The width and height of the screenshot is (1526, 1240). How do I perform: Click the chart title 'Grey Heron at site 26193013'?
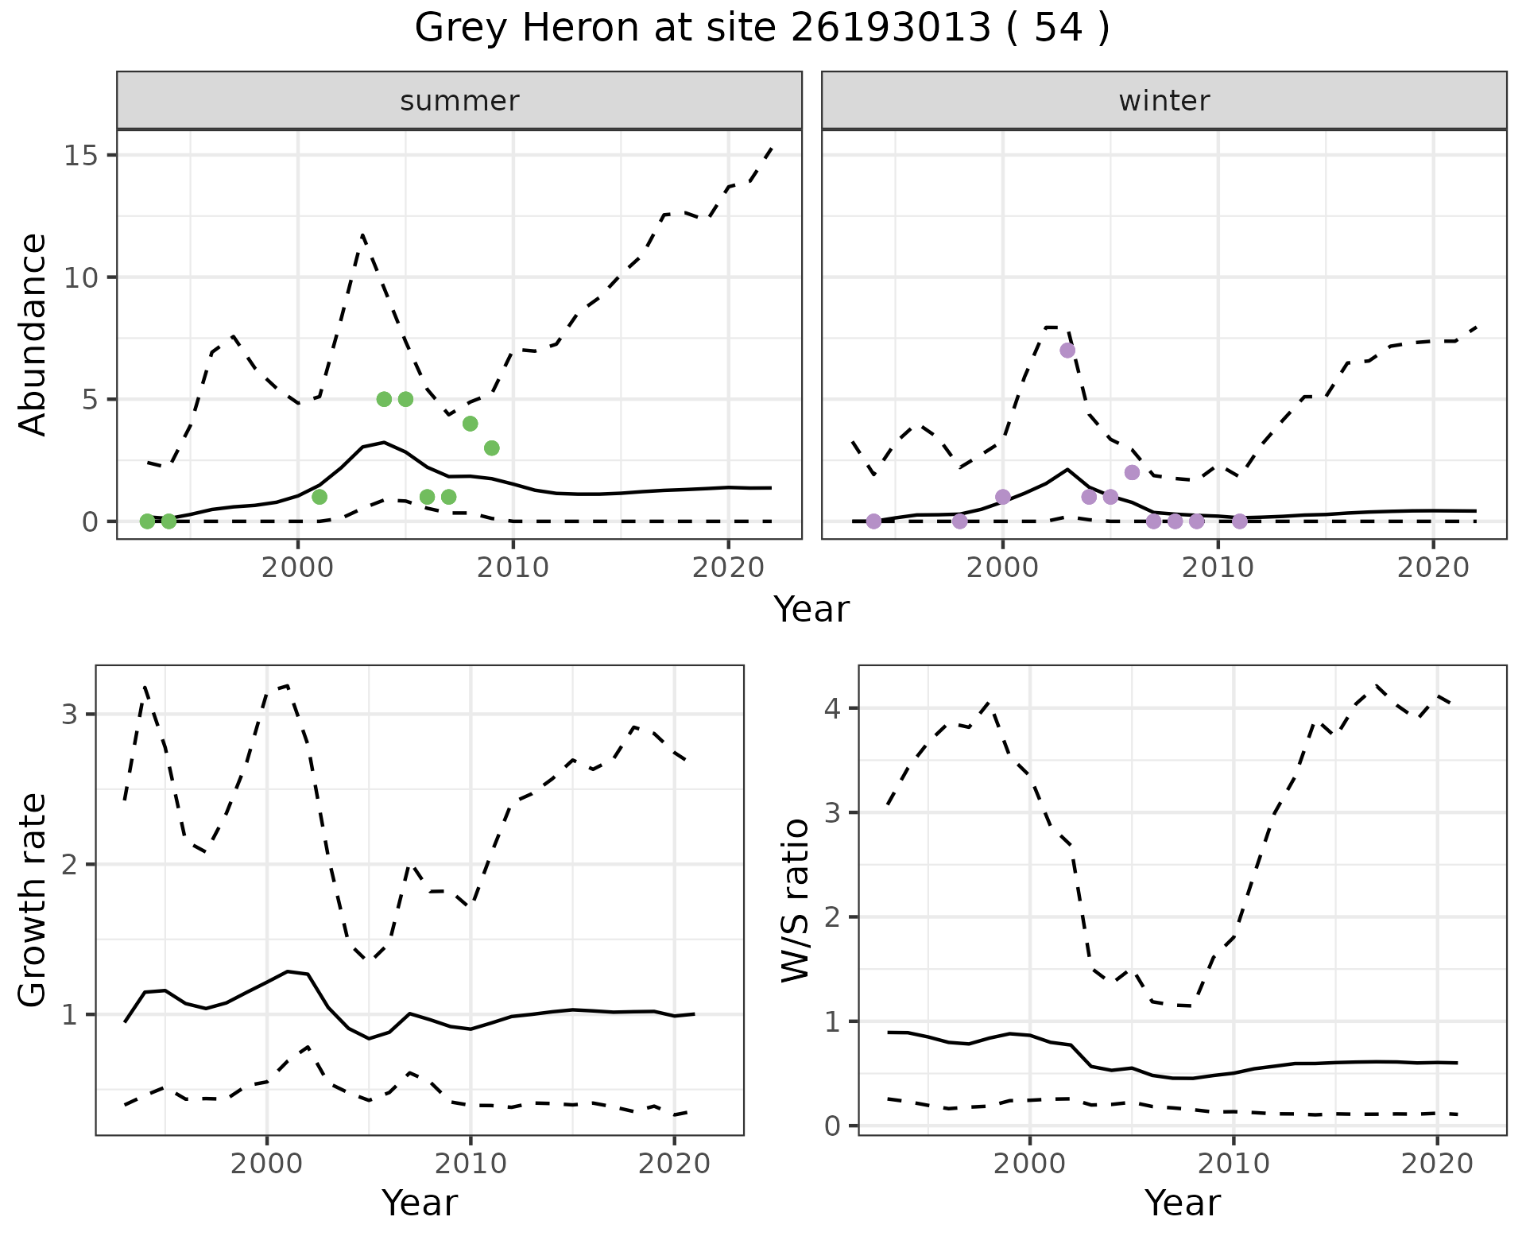(761, 29)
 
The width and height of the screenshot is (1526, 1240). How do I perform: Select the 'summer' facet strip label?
(459, 101)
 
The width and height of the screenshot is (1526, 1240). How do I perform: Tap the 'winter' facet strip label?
(1164, 101)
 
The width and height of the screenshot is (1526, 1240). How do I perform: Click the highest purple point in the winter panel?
(1067, 351)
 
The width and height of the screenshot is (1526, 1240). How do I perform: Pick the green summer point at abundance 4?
(470, 424)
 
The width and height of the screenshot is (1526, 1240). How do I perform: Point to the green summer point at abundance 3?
(491, 448)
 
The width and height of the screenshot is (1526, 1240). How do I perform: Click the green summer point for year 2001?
(320, 497)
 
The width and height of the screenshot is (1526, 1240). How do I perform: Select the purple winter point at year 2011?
(1239, 521)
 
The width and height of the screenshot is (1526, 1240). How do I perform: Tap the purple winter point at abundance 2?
(1132, 472)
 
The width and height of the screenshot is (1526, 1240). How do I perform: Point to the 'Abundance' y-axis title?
(33, 335)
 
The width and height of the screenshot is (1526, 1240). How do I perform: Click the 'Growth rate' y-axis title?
(33, 901)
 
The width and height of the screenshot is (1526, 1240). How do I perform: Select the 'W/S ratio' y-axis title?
(796, 901)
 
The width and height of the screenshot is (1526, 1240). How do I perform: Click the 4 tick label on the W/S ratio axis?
(831, 708)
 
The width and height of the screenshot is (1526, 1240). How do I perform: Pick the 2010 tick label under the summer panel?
(513, 568)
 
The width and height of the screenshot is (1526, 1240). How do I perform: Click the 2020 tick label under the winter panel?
(1432, 568)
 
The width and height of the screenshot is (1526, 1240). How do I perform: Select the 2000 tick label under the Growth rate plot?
(267, 1164)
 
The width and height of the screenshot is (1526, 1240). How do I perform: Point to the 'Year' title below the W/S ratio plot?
(1182, 1203)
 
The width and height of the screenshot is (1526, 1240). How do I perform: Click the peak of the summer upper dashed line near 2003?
(362, 235)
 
